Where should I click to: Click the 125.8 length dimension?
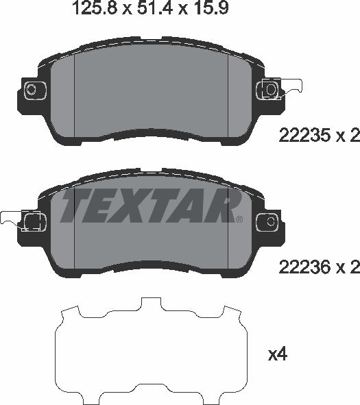pyautogui.click(x=94, y=9)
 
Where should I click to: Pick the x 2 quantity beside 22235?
pyautogui.click(x=349, y=136)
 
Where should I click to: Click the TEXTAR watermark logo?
pyautogui.click(x=149, y=205)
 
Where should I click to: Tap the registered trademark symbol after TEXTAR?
pyautogui.click(x=238, y=219)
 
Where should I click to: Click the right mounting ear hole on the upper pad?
pyautogui.click(x=270, y=89)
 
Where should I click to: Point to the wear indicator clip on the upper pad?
pyautogui.click(x=291, y=88)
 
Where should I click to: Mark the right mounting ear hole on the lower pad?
pyautogui.click(x=270, y=221)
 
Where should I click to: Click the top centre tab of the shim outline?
pyautogui.click(x=149, y=303)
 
